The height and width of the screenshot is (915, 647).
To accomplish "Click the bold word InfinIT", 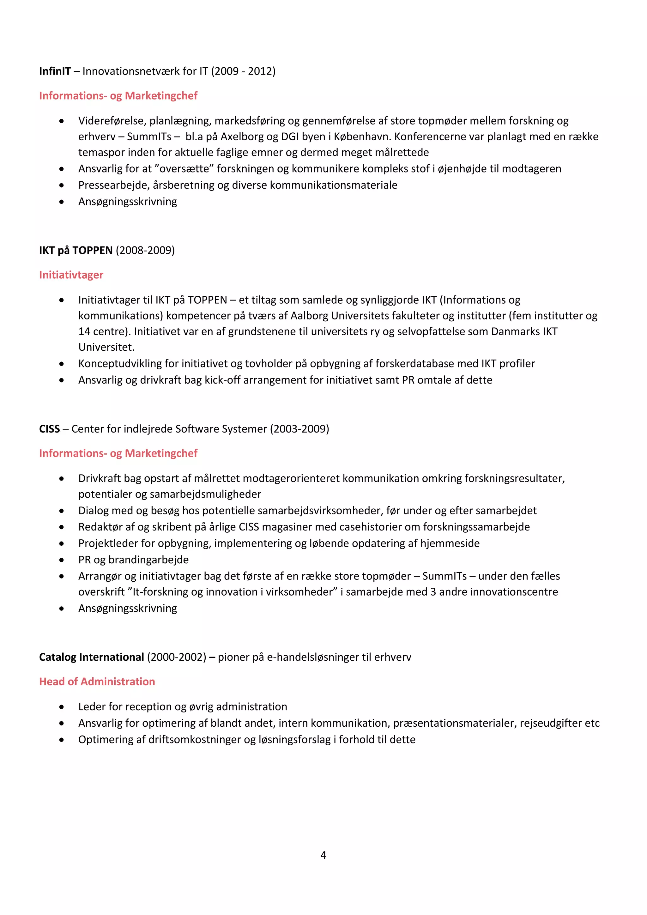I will point(55,71).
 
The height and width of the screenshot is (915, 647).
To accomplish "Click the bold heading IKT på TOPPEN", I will point(76,250).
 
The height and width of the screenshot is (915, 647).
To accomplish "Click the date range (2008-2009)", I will point(145,250).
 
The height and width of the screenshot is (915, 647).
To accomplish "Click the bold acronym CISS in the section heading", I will point(49,429).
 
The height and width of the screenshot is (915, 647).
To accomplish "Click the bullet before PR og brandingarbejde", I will point(61,560).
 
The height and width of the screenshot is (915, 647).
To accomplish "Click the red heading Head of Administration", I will point(97,682).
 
